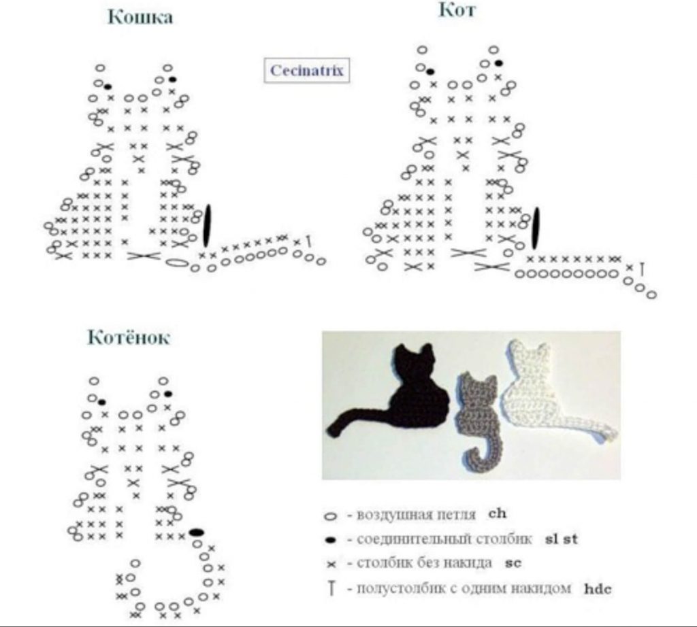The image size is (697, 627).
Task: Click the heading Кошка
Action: (140, 17)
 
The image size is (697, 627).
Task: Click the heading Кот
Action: (457, 10)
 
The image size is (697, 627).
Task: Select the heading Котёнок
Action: (129, 337)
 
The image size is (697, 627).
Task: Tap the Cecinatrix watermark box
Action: (307, 70)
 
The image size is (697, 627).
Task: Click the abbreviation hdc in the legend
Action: (598, 589)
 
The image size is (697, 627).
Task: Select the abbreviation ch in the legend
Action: (497, 513)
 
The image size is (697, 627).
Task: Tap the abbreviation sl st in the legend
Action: (561, 539)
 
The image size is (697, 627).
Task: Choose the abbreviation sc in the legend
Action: (513, 563)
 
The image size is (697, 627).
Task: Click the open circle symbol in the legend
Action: (331, 516)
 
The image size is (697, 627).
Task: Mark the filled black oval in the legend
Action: (331, 540)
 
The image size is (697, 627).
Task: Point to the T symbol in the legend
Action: (331, 589)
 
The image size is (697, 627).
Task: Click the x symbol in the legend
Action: (331, 564)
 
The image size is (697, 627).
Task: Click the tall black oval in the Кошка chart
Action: (207, 226)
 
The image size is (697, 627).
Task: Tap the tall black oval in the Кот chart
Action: (536, 228)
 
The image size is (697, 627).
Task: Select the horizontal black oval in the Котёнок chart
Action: (197, 532)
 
